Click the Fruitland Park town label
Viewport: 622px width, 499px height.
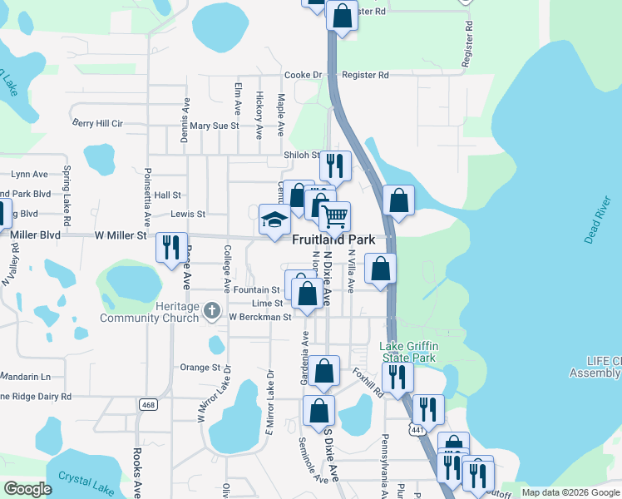[x=333, y=239]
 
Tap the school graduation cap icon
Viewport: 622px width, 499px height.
[x=274, y=220]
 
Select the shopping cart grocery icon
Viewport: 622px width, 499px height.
[x=334, y=217]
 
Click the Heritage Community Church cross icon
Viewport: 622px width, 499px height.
[x=211, y=312]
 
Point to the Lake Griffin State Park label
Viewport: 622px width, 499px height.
[x=409, y=352]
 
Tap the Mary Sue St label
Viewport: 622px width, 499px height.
[x=214, y=126]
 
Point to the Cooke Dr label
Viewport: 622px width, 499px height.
[x=303, y=75]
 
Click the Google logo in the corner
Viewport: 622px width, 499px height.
[x=28, y=489]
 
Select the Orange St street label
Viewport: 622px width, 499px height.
[x=200, y=367]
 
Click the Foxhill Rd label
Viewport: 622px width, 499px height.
[x=366, y=383]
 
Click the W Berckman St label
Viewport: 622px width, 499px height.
[x=260, y=317]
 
